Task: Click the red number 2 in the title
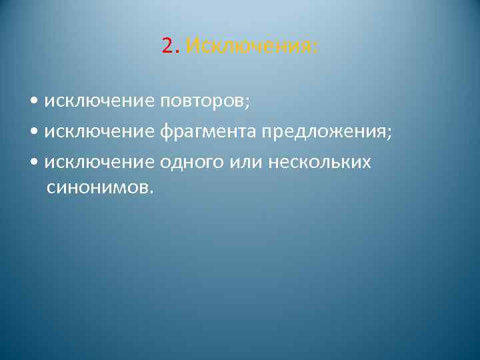point(167,46)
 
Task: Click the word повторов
point(201,101)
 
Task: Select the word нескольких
point(319,161)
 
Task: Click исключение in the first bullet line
point(99,101)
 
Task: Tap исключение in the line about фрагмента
point(99,131)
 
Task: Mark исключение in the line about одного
point(99,161)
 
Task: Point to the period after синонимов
point(151,193)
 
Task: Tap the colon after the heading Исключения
point(316,48)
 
